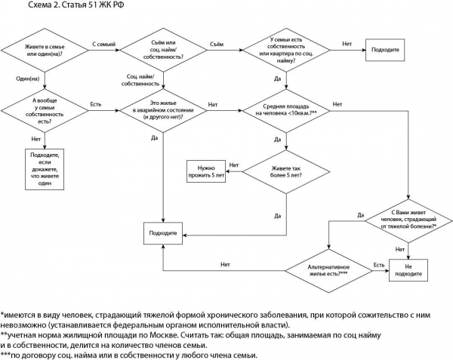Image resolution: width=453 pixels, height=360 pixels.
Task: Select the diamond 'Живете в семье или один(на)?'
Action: pyautogui.click(x=45, y=52)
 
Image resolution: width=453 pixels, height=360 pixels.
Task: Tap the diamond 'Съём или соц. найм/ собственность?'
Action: pyautogui.click(x=164, y=52)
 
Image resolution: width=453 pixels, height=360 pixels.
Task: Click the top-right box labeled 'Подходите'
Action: pyautogui.click(x=384, y=52)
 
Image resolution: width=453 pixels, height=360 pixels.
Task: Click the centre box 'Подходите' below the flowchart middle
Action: pyautogui.click(x=163, y=233)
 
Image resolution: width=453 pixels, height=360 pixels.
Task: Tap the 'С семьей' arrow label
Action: pyautogui.click(x=103, y=45)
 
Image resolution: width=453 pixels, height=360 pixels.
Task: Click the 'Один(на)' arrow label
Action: pyautogui.click(x=29, y=78)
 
